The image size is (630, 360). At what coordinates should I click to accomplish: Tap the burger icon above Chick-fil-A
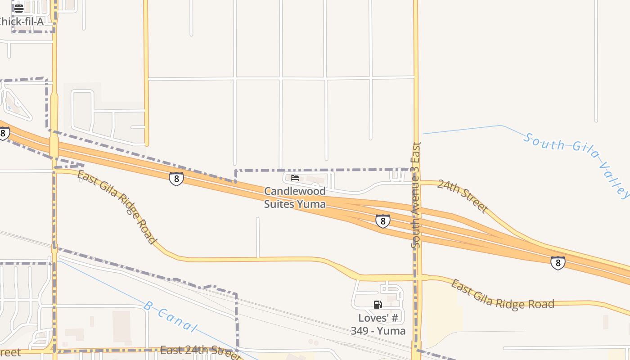click(x=19, y=8)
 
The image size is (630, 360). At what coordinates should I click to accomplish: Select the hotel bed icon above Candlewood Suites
click(x=295, y=178)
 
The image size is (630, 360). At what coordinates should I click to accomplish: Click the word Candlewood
click(x=295, y=191)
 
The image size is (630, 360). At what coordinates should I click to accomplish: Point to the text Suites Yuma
click(x=295, y=204)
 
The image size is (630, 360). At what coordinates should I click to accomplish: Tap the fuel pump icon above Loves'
click(x=378, y=305)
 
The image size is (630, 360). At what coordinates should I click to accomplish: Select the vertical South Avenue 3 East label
click(x=416, y=195)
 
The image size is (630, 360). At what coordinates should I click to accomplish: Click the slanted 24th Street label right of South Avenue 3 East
click(x=463, y=196)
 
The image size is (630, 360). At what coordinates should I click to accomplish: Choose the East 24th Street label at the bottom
click(x=200, y=351)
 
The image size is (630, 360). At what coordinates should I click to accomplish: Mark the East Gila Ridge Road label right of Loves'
click(x=502, y=295)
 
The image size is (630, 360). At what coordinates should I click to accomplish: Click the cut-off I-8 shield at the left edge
click(x=4, y=133)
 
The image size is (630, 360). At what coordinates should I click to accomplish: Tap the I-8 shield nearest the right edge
click(x=558, y=263)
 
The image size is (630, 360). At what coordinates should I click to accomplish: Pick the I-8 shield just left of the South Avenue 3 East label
click(x=382, y=221)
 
